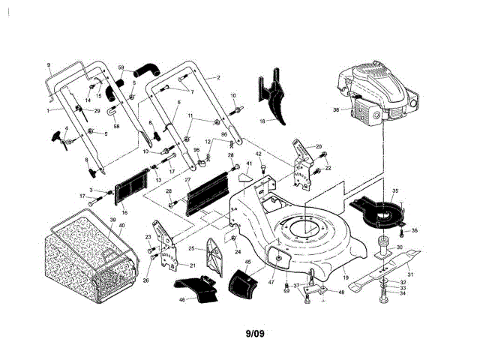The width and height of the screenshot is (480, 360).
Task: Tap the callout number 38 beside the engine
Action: [x=337, y=111]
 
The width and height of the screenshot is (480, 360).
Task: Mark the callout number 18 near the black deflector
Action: [x=262, y=120]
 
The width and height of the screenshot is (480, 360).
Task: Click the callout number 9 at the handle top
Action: [x=48, y=66]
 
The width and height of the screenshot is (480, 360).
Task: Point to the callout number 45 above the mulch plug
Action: [x=248, y=262]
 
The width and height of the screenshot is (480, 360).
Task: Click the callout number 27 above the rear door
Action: [x=188, y=181]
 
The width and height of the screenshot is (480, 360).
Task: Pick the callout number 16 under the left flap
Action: [x=124, y=212]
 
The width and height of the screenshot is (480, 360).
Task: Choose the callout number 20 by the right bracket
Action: [x=318, y=147]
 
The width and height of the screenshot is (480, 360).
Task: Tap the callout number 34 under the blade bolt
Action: [x=402, y=293]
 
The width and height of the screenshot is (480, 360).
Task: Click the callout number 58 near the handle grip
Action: [x=116, y=126]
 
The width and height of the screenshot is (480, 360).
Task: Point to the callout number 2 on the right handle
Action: [x=217, y=77]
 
